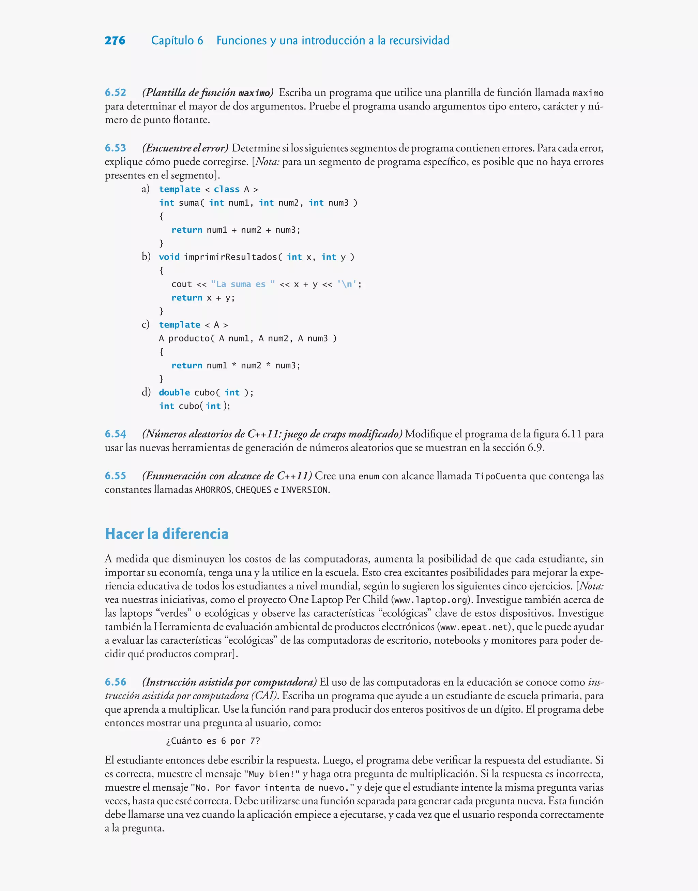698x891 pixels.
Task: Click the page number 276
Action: [x=115, y=41]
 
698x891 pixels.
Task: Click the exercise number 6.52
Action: [x=115, y=93]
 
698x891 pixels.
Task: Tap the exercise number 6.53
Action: [x=115, y=148]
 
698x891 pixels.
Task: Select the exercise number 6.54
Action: [x=115, y=434]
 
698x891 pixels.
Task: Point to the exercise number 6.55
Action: [x=115, y=476]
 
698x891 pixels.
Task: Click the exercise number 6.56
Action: [x=115, y=682]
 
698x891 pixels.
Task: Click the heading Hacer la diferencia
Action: [x=166, y=534]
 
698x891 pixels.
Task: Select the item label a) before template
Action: [x=146, y=189]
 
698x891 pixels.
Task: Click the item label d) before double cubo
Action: [x=146, y=392]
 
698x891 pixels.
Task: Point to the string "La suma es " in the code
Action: [x=243, y=284]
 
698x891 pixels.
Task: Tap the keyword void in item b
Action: [x=169, y=257]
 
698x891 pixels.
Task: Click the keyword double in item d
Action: [x=174, y=393]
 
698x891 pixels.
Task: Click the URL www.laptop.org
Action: [x=430, y=600]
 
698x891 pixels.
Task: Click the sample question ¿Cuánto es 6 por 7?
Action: [x=213, y=741]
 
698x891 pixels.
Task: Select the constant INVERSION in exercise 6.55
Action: [x=304, y=490]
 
